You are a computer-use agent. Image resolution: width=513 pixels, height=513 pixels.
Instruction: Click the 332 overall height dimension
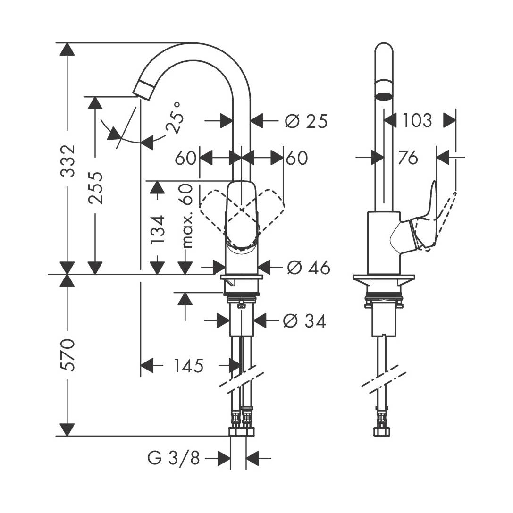click(69, 160)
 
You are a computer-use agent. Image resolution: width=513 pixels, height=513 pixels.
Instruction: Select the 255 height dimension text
click(96, 187)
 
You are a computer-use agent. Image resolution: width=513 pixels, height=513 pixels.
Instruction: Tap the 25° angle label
click(174, 118)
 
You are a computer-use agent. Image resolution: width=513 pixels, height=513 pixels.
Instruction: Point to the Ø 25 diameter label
click(306, 121)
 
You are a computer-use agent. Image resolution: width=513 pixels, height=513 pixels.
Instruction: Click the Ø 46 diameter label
click(308, 268)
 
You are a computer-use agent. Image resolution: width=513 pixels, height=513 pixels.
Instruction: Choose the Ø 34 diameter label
click(304, 321)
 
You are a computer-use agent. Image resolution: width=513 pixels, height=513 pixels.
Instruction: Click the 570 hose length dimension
click(69, 354)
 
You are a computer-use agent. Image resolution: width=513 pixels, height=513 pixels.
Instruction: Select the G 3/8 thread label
click(174, 458)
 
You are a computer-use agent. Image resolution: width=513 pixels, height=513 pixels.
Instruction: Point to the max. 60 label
click(187, 216)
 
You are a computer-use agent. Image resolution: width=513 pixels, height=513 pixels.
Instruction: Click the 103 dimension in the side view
click(417, 121)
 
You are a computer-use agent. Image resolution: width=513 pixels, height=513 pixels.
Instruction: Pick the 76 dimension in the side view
click(408, 158)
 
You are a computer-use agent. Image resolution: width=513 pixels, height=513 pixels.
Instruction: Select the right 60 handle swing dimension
click(297, 158)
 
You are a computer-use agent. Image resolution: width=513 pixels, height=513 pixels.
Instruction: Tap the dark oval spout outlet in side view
click(384, 97)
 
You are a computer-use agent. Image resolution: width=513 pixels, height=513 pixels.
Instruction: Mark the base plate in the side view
click(384, 278)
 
